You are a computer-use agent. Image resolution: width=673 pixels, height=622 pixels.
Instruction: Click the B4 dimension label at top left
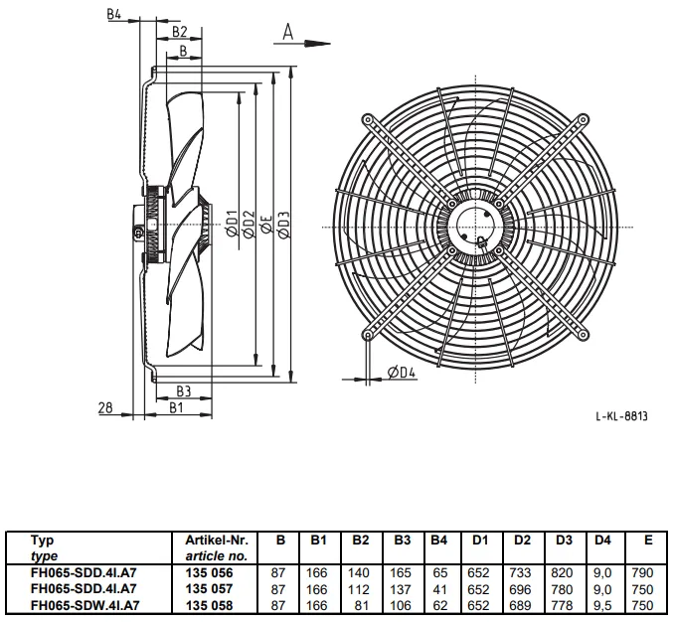[114, 14]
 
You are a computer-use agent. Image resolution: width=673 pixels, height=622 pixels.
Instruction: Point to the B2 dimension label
[180, 32]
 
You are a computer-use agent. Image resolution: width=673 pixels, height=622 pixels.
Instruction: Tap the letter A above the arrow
[288, 32]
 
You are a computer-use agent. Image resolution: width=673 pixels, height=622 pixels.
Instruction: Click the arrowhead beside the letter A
[317, 44]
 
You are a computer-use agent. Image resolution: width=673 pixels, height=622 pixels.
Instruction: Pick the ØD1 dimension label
[232, 224]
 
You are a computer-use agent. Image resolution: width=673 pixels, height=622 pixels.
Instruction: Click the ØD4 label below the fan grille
[402, 373]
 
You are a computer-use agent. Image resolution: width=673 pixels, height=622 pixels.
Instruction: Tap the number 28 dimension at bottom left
[105, 407]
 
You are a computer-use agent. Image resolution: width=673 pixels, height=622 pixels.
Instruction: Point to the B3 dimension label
[183, 391]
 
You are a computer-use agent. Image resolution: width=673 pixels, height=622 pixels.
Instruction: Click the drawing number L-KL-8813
[621, 416]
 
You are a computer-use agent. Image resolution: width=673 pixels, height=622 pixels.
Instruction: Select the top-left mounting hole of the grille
[368, 119]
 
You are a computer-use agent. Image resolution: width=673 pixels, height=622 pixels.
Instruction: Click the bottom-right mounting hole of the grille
[583, 335]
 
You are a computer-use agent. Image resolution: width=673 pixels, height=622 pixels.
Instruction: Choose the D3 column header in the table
[562, 541]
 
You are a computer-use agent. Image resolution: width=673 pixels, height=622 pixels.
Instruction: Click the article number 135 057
[209, 588]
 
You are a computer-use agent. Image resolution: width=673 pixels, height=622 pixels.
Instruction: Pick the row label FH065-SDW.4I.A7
[84, 605]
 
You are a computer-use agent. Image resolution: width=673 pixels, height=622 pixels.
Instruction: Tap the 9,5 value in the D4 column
[602, 605]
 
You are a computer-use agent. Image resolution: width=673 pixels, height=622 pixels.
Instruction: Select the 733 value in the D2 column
[520, 572]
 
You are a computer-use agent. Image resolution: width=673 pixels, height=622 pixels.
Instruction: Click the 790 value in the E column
[642, 572]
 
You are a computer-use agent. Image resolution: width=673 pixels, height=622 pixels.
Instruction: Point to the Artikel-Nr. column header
[217, 541]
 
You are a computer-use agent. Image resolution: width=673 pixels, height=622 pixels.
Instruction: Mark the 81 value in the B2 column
[361, 605]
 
